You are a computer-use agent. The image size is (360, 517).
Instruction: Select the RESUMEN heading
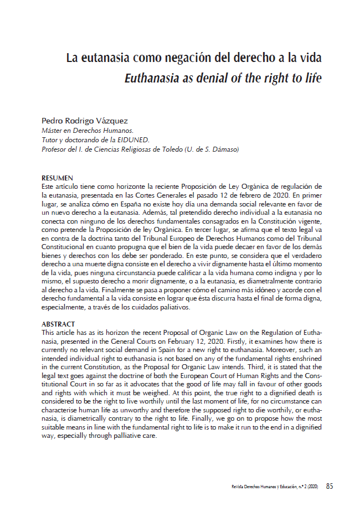click(x=58, y=178)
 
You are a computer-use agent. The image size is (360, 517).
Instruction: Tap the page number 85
click(x=330, y=487)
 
